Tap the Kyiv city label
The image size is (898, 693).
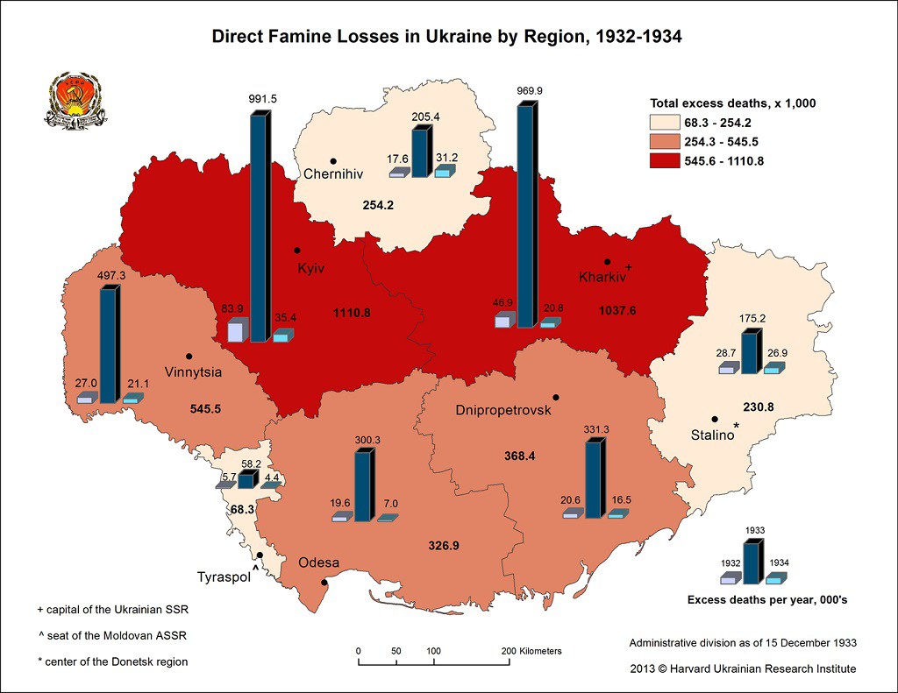310,268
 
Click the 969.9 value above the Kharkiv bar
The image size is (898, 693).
530,90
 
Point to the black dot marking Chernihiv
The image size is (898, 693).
333,160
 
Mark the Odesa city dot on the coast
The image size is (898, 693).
324,583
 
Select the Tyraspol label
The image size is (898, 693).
223,576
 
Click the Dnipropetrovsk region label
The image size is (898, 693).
503,411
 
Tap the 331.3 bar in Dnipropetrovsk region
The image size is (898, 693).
595,479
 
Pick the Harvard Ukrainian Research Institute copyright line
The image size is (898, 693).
743,668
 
